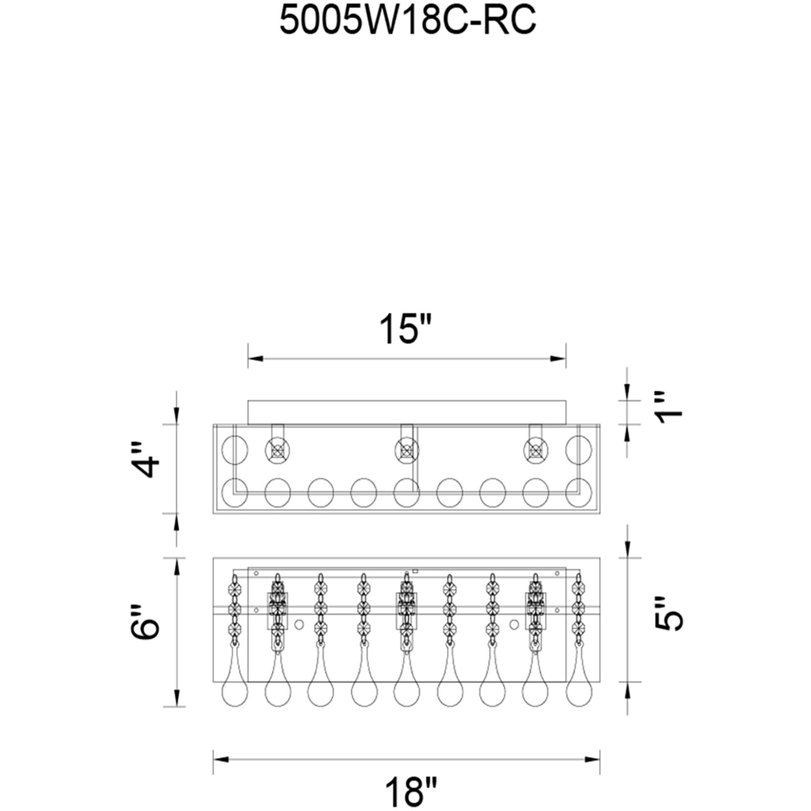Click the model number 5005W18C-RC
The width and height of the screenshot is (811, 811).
(407, 21)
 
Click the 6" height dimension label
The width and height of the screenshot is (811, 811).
(146, 621)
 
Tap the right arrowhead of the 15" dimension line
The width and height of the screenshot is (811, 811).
(558, 358)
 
